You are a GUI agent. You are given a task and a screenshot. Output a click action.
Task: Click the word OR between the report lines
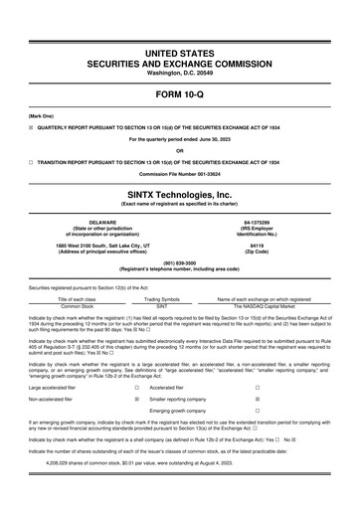pyautogui.click(x=180, y=151)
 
